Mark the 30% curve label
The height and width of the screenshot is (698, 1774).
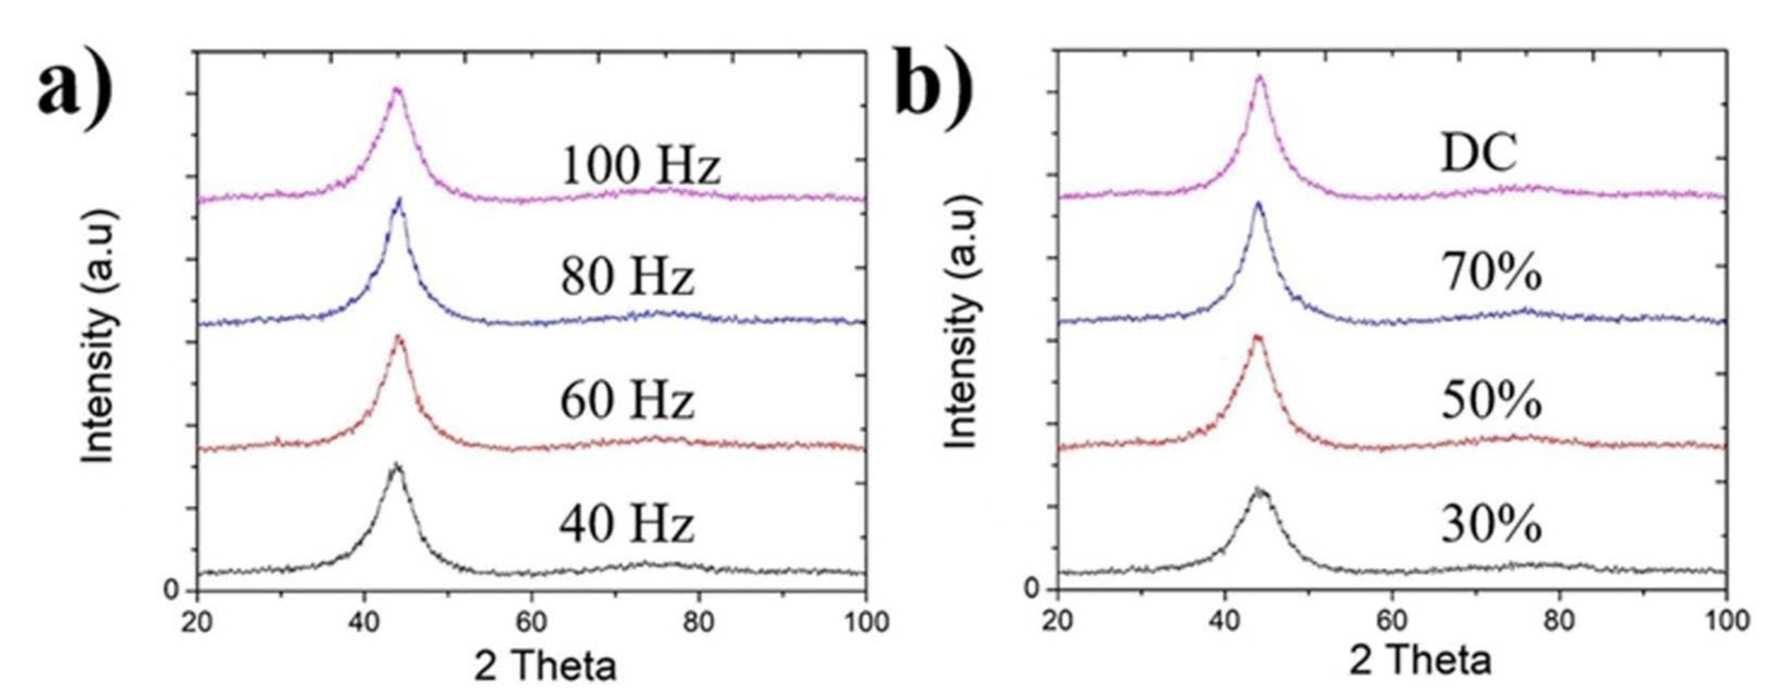[1491, 525]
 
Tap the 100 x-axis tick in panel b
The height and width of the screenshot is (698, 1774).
[1726, 620]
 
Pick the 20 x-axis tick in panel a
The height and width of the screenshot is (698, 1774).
[198, 622]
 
